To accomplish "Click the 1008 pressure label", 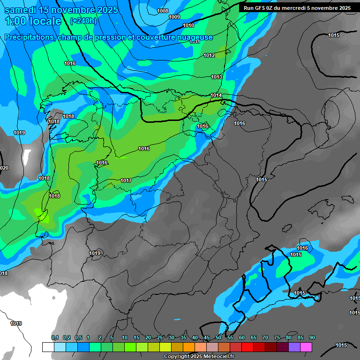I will (163, 11).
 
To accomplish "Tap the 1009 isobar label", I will (174, 17).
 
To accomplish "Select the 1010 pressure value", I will (188, 25).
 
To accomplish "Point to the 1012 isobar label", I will (209, 55).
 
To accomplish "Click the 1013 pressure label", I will (217, 77).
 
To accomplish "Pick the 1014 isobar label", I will (216, 95).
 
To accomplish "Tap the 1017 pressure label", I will (126, 180).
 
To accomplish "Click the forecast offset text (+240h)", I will (83, 21).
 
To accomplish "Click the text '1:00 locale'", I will (33, 21).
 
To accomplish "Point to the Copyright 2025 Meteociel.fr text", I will (199, 356).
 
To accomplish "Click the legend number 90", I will (312, 337).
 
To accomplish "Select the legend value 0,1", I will (55, 337).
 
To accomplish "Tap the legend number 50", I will (218, 337).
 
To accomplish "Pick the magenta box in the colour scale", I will (306, 347).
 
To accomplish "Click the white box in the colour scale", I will (48, 347).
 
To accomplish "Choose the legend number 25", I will (160, 337).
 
